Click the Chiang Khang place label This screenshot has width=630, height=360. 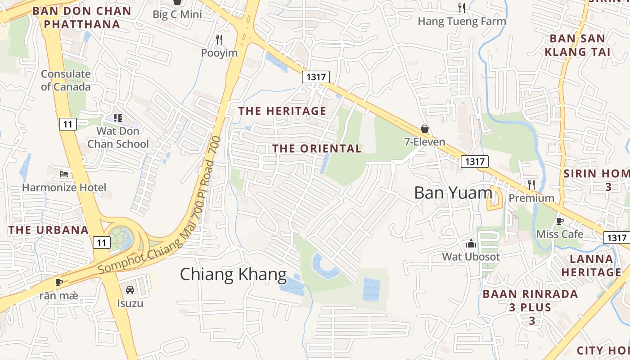pyautogui.click(x=233, y=274)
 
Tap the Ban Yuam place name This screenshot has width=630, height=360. pyautogui.click(x=453, y=193)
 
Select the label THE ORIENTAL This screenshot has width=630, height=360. pyautogui.click(x=317, y=148)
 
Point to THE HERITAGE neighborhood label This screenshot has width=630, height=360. pyautogui.click(x=282, y=111)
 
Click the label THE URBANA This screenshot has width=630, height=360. pyautogui.click(x=49, y=230)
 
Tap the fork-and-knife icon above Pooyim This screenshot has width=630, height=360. pyautogui.click(x=219, y=40)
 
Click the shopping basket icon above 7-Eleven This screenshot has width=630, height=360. pyautogui.click(x=424, y=129)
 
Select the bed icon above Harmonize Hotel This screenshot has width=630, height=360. pyautogui.click(x=64, y=174)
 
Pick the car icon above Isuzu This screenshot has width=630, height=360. pyautogui.click(x=130, y=290)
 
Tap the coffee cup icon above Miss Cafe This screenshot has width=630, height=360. pyautogui.click(x=559, y=220)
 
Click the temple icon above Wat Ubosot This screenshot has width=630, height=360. pyautogui.click(x=471, y=243)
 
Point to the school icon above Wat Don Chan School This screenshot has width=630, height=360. pyautogui.click(x=118, y=118)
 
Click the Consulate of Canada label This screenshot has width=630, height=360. pyautogui.click(x=66, y=80)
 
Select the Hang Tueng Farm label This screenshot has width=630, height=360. pyautogui.click(x=462, y=21)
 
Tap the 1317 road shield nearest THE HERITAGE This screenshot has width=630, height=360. pyautogui.click(x=315, y=77)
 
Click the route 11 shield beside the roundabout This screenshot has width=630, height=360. pyautogui.click(x=102, y=243)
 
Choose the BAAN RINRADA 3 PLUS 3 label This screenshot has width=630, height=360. pyautogui.click(x=530, y=307)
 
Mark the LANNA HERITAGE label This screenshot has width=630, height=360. pyautogui.click(x=591, y=265)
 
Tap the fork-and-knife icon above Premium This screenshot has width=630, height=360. pyautogui.click(x=531, y=184)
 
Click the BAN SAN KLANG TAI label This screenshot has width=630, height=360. pyautogui.click(x=577, y=45)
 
